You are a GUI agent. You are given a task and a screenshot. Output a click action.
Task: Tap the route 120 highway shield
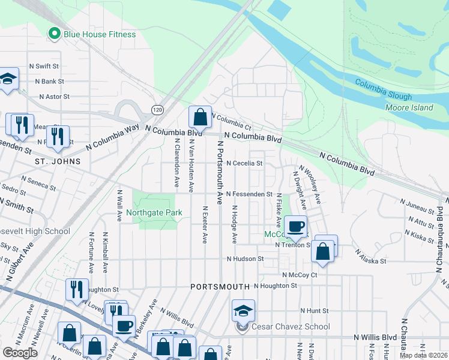coord(157,110)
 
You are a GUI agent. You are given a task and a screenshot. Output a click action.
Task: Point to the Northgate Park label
coord(154,212)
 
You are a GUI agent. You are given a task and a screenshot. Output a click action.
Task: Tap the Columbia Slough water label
coord(383,89)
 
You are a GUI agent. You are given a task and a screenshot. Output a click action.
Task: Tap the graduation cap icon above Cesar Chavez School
coord(243,310)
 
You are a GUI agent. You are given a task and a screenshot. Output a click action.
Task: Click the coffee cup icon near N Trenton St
coord(295,226)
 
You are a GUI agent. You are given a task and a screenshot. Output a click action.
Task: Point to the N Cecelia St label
coord(244,163)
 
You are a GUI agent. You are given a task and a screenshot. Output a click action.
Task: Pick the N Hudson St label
coord(245,259)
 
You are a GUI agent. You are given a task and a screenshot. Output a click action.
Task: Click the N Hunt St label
coord(315,311)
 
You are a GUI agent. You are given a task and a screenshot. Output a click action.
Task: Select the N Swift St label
coord(44,66)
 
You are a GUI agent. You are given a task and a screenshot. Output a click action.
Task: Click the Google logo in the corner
coord(20,352)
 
